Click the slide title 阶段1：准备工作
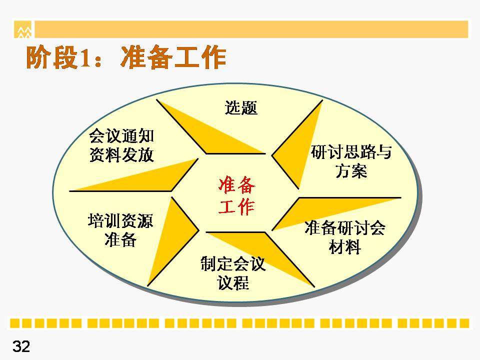126,57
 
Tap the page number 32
21,346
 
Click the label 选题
241,108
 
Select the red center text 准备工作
236,195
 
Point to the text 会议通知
121,136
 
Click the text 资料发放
121,154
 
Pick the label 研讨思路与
351,152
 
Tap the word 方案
351,170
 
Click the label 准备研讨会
345,228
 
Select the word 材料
345,246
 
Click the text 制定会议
233,263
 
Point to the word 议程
233,282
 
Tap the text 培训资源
120,220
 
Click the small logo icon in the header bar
23,29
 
